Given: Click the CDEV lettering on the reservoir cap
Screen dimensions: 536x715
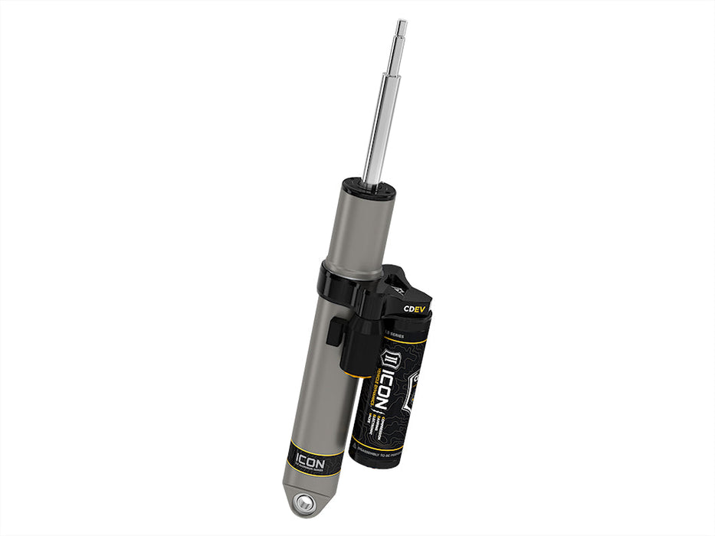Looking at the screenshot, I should [x=415, y=309].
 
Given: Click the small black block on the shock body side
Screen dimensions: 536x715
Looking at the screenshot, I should [x=335, y=332].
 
